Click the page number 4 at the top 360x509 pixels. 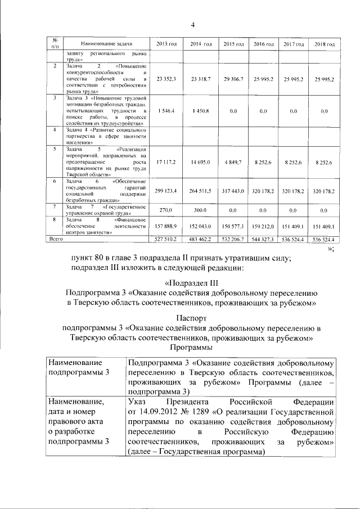[x=192, y=25]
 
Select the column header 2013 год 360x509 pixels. [x=166, y=44]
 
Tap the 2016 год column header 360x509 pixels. [x=264, y=44]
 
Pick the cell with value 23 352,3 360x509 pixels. [x=166, y=79]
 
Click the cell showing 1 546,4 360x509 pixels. [x=168, y=111]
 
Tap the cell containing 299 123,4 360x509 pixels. [x=166, y=191]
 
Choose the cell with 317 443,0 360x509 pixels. [x=233, y=191]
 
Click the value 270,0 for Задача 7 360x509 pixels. [x=166, y=210]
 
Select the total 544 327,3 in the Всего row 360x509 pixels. [x=264, y=240]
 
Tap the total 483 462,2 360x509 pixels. [x=200, y=240]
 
